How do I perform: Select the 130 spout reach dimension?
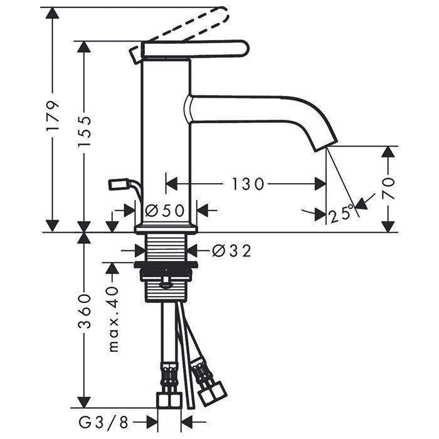click(x=247, y=184)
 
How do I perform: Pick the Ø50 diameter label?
click(x=166, y=211)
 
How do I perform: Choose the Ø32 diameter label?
click(x=231, y=251)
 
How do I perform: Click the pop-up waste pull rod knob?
click(x=118, y=184)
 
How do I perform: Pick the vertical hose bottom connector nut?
click(x=168, y=401)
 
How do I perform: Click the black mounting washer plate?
click(x=166, y=265)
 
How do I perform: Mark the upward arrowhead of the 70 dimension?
click(x=389, y=153)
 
